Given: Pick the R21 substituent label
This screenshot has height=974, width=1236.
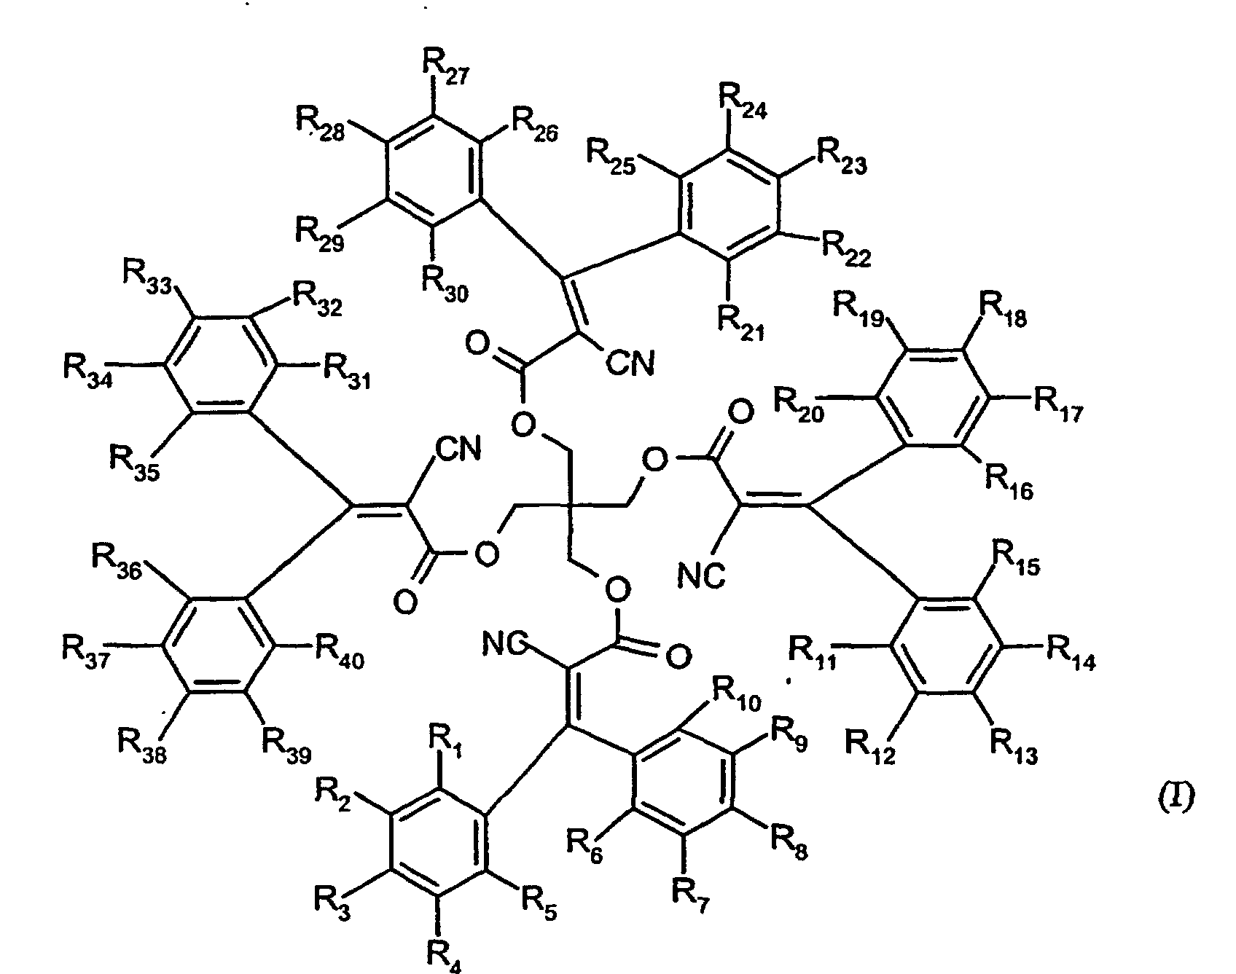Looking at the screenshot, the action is coord(740,323).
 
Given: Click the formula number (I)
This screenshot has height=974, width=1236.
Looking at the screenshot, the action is coord(1176,799).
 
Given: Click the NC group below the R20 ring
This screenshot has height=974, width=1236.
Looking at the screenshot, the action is coord(701,576).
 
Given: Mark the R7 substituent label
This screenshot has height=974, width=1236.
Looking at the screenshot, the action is coord(690,896).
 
